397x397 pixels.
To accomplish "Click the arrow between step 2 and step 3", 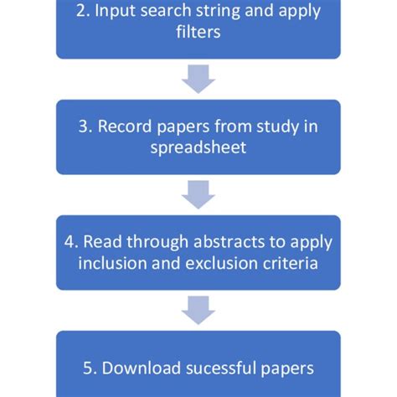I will coord(198,79).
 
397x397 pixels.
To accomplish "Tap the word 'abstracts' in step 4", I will coord(213,242).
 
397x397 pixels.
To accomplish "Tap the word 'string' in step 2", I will coord(222,13).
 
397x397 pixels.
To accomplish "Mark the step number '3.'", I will coord(85,128).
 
